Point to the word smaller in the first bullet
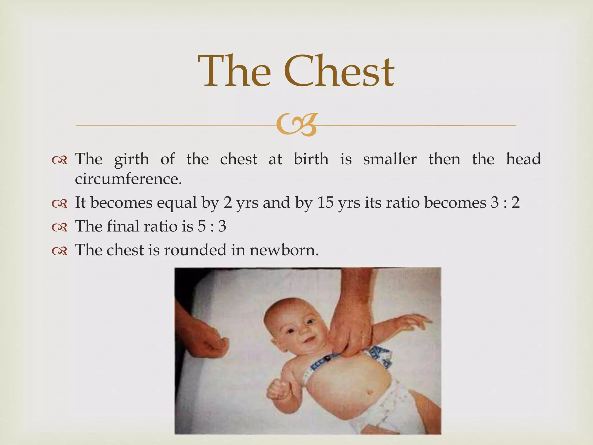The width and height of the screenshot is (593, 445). (390, 159)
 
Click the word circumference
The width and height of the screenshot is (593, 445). (128, 179)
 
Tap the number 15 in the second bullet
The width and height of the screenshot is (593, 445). (325, 202)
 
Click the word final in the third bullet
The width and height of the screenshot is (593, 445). (123, 226)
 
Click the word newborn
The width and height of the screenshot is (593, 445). (284, 250)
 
